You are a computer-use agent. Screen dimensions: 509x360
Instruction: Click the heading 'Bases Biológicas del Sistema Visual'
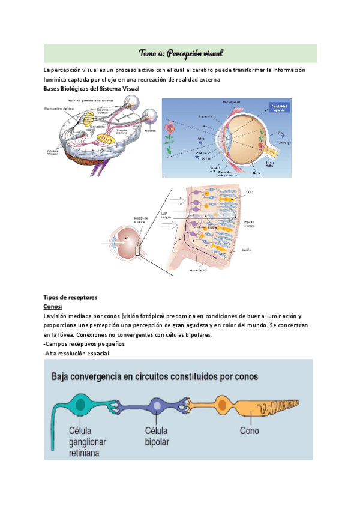[91, 89]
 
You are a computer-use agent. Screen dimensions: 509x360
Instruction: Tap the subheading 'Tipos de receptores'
[71, 297]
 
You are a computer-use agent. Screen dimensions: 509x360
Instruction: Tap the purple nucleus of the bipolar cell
[157, 406]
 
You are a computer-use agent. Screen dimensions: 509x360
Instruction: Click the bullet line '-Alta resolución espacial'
[76, 353]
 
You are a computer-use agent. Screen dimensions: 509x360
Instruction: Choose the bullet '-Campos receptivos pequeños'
[83, 344]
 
